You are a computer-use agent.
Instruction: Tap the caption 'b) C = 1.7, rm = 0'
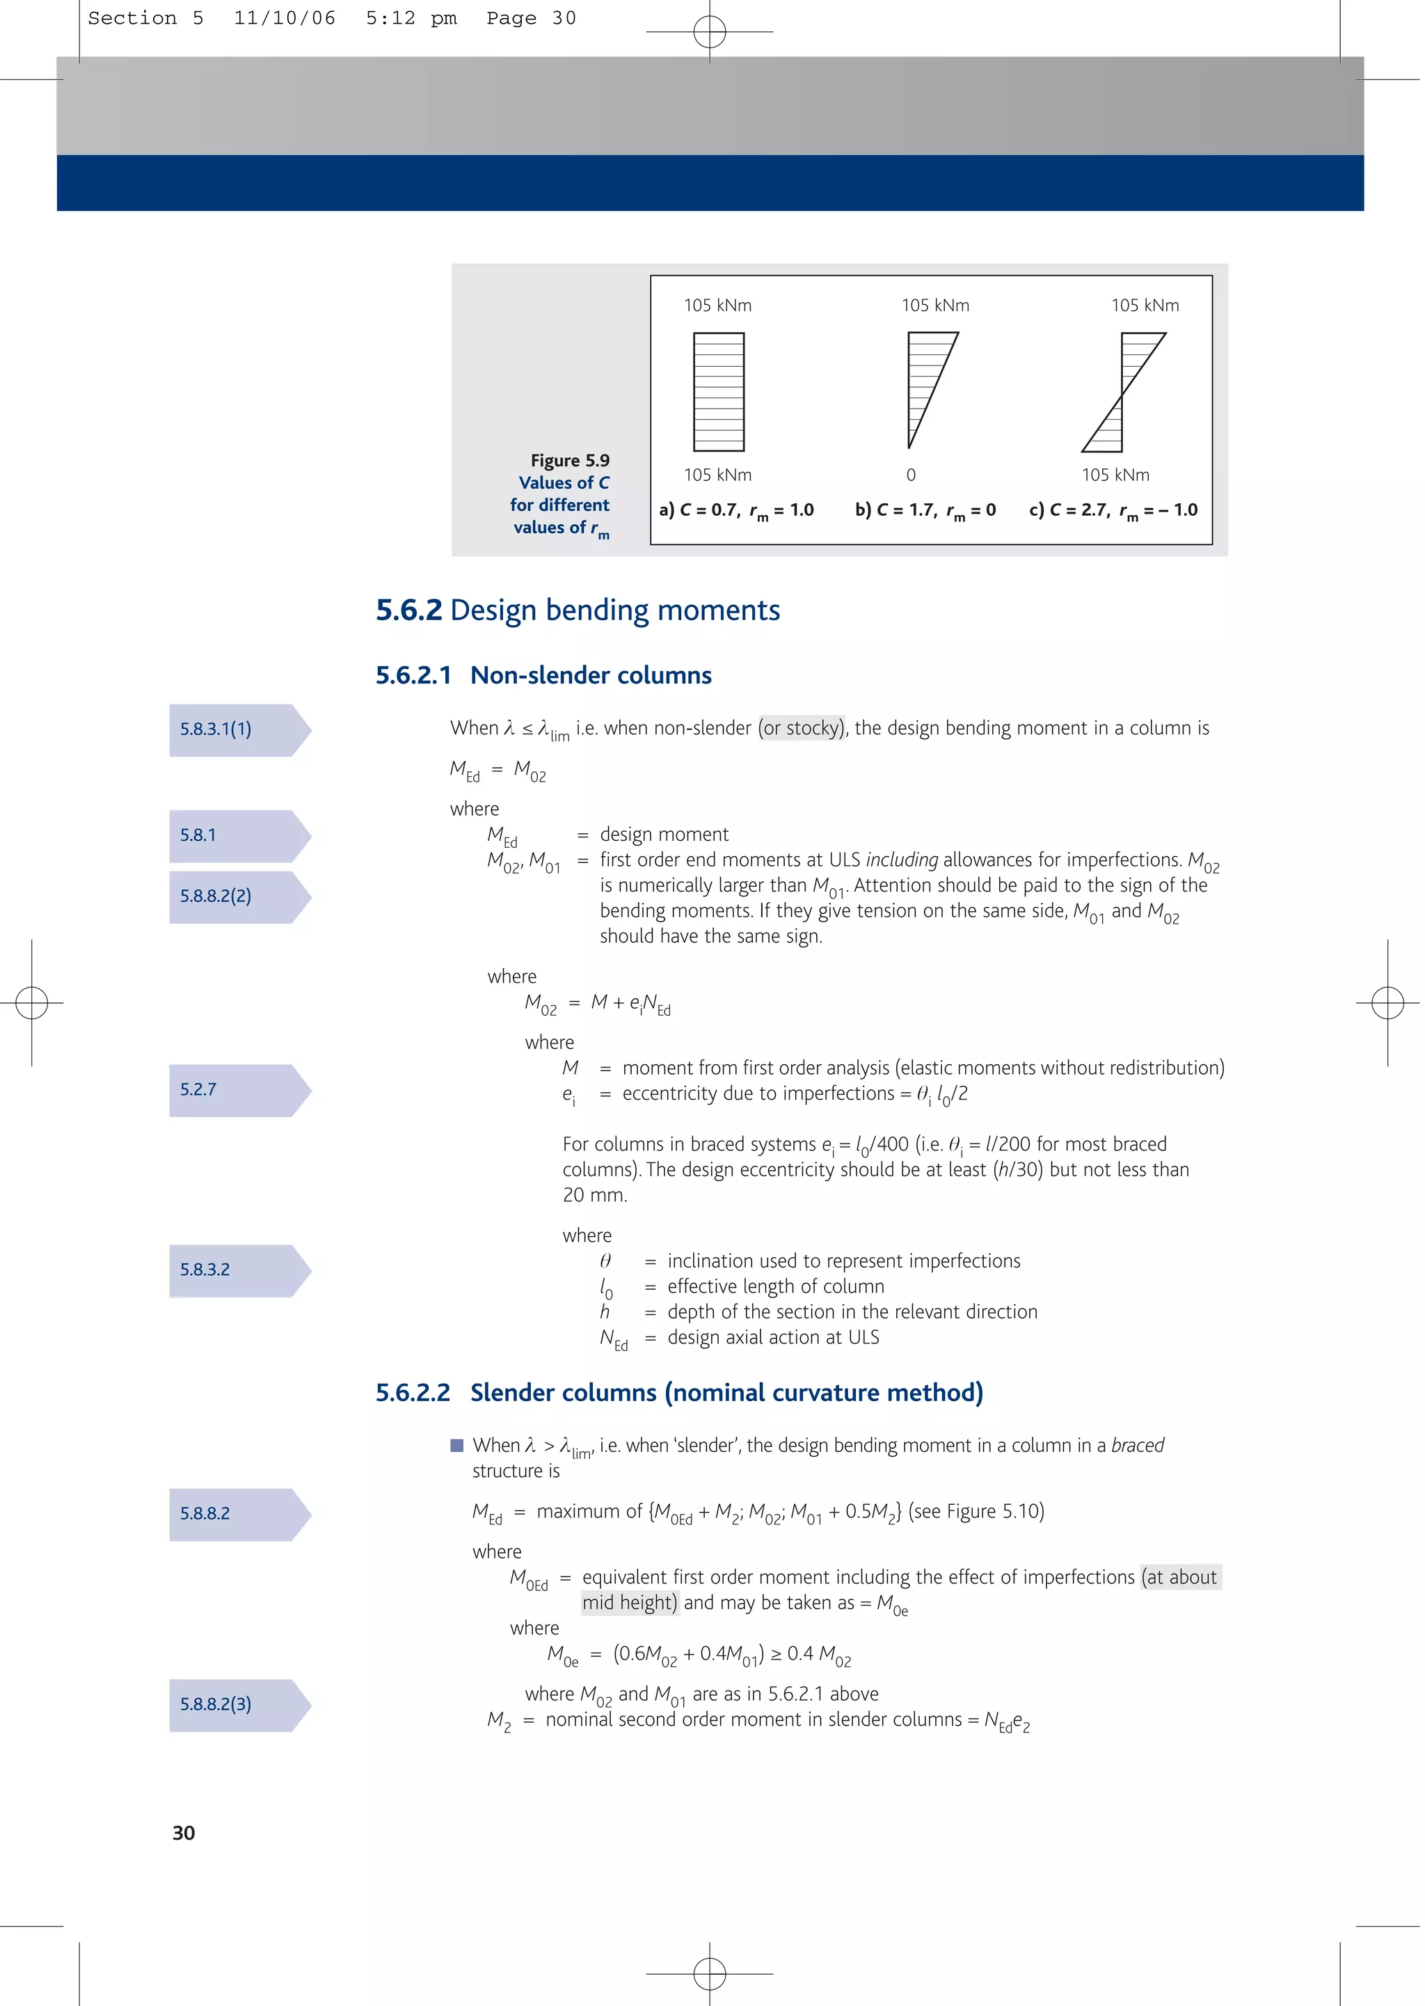pyautogui.click(x=925, y=511)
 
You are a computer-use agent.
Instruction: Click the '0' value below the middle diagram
pyautogui.click(x=911, y=475)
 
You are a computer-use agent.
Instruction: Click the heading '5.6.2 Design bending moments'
pyautogui.click(x=578, y=610)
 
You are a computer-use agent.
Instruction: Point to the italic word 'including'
pyautogui.click(x=901, y=860)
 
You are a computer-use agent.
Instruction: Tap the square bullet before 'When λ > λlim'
pyautogui.click(x=456, y=1445)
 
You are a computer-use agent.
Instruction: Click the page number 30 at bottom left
pyautogui.click(x=184, y=1832)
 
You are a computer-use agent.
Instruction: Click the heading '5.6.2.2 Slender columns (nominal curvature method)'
pyautogui.click(x=679, y=1393)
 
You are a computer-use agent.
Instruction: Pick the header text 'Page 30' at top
pyautogui.click(x=531, y=18)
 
